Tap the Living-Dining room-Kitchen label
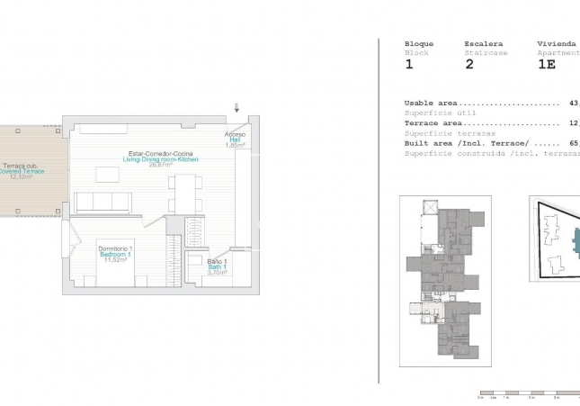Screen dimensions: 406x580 [161, 159]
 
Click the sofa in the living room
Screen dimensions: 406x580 [103, 203]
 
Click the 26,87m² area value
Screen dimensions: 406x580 [160, 165]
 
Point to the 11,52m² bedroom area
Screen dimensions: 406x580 [116, 260]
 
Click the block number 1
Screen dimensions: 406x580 [409, 65]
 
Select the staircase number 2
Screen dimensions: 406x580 [468, 65]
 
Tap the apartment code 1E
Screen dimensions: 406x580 [546, 65]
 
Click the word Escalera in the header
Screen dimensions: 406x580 [483, 43]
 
